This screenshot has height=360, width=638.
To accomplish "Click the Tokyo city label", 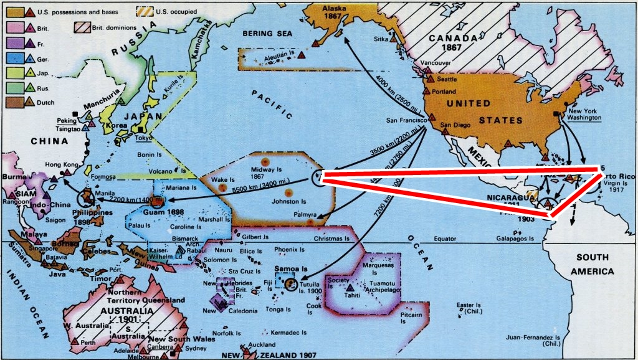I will [143, 138].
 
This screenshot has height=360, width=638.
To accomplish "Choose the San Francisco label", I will [406, 120].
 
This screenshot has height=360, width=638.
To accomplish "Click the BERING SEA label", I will [268, 33].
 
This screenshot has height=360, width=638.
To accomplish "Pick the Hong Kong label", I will [59, 164].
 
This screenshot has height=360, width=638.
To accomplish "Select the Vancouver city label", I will [436, 63].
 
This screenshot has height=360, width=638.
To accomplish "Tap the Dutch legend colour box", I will [12, 102].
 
